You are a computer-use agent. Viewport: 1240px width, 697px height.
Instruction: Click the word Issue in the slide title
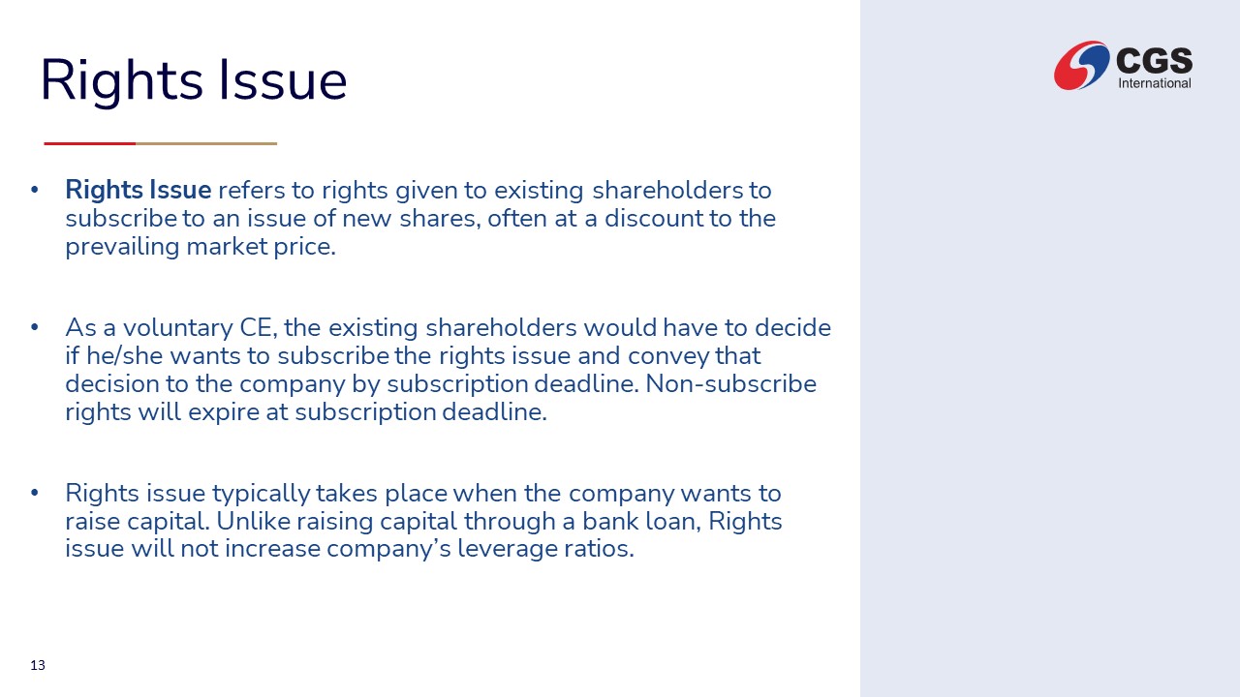[x=283, y=80]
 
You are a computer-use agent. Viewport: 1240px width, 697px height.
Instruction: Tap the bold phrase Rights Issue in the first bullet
[x=138, y=190]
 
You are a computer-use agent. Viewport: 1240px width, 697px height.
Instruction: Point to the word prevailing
[x=122, y=247]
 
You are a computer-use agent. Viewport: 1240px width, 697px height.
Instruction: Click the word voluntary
[x=177, y=328]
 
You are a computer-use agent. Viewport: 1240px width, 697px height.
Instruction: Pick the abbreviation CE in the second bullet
[x=258, y=327]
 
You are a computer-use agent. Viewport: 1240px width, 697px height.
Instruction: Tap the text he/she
[x=125, y=355]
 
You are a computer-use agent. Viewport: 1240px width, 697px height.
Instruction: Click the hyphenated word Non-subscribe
[x=730, y=384]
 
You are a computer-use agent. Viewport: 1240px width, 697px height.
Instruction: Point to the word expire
[x=224, y=412]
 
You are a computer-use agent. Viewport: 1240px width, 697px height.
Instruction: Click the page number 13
[x=38, y=665]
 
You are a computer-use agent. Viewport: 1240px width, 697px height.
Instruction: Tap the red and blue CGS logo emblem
[x=1081, y=65]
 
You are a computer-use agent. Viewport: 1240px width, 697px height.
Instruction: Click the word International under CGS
[x=1155, y=83]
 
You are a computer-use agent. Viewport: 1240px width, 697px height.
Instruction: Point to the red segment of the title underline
[x=90, y=144]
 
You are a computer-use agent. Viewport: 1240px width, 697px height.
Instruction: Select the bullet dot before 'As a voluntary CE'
[x=35, y=327]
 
